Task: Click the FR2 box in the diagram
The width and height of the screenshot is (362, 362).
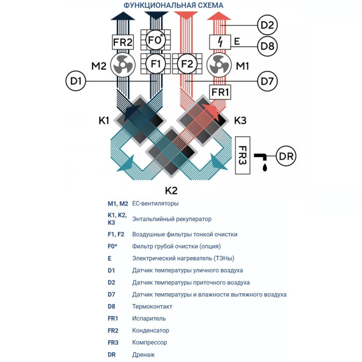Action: (x=123, y=41)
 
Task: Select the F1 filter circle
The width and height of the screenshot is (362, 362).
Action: (x=155, y=65)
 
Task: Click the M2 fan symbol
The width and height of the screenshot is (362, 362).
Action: (x=123, y=66)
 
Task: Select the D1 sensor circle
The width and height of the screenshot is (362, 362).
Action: (x=76, y=81)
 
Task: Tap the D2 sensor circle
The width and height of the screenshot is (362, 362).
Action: (x=267, y=25)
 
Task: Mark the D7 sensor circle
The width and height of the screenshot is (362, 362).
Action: (x=267, y=81)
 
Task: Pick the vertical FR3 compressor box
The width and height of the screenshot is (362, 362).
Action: (x=243, y=156)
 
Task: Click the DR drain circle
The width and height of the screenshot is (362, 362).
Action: (x=286, y=156)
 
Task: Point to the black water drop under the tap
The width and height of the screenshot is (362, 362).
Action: (x=265, y=168)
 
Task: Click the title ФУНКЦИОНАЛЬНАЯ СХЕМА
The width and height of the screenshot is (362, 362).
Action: (x=173, y=6)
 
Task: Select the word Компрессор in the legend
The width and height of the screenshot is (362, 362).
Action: (x=150, y=342)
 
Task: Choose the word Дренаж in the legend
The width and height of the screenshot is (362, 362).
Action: (x=143, y=354)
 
